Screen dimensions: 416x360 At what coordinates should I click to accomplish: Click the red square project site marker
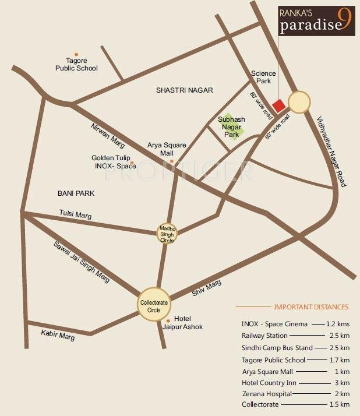(279, 105)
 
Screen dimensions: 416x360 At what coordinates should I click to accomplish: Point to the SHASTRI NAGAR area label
(185, 90)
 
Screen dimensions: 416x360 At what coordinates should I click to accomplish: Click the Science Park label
(261, 77)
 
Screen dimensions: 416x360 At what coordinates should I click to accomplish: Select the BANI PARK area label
(76, 193)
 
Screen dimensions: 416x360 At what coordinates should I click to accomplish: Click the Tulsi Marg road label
(76, 215)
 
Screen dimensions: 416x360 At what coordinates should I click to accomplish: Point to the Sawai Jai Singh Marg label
(82, 262)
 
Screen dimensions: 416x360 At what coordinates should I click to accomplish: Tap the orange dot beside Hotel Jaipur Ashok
(168, 321)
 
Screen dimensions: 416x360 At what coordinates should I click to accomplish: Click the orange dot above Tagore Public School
(76, 54)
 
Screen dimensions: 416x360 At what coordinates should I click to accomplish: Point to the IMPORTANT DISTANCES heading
(311, 307)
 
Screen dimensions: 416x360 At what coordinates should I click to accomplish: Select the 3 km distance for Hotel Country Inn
(344, 383)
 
